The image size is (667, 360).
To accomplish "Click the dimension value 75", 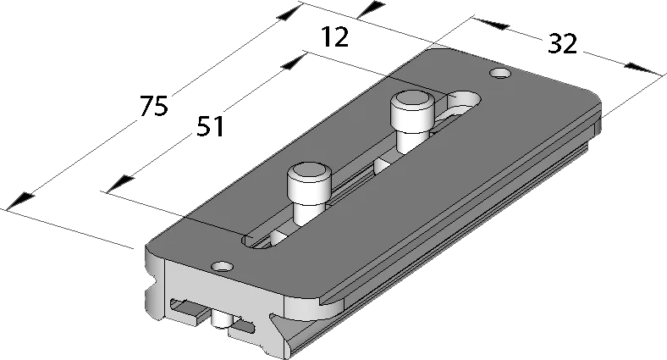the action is (154, 106).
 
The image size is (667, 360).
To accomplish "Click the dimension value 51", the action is (211, 126).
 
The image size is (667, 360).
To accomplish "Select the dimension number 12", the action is (335, 36).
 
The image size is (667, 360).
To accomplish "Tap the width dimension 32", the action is (562, 43).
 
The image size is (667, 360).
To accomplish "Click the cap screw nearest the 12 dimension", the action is (412, 122).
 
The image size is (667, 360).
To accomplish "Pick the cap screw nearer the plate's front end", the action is (309, 193).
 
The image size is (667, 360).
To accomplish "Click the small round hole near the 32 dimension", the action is (500, 73).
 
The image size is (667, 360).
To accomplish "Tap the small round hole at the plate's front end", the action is (223, 267).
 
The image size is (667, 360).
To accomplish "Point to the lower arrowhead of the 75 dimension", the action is (19, 201).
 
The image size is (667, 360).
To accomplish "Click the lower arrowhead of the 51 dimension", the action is (120, 184).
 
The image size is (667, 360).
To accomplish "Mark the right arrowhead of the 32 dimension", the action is (643, 69).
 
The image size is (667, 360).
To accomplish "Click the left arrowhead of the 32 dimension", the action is (492, 24).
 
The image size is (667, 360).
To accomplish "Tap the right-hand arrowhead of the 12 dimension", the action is (371, 9).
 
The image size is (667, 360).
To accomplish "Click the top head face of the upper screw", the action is (412, 101).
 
